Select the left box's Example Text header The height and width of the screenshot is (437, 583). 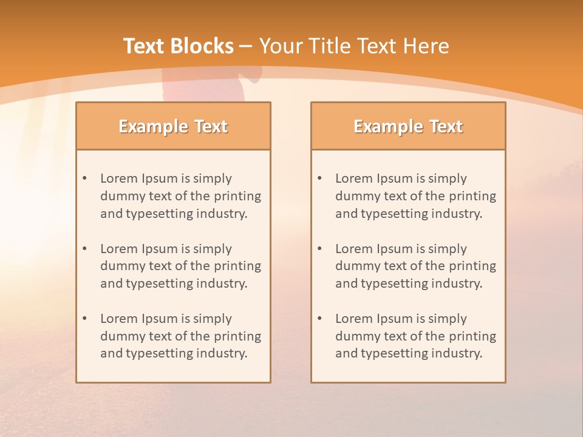[x=173, y=126]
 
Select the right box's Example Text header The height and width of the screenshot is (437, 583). [x=408, y=126]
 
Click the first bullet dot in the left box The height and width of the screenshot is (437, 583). [x=84, y=178]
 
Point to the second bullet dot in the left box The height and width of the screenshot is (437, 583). [x=84, y=249]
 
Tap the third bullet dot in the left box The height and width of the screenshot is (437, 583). [x=84, y=319]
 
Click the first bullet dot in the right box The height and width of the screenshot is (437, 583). [x=319, y=178]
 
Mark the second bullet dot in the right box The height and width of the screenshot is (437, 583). [x=319, y=249]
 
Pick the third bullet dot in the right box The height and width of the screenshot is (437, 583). [x=319, y=319]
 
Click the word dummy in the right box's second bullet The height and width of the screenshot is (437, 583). [x=355, y=266]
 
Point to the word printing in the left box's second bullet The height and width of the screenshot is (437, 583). [x=237, y=266]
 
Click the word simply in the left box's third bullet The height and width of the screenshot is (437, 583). [x=213, y=319]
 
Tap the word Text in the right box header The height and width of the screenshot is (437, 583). [x=446, y=126]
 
